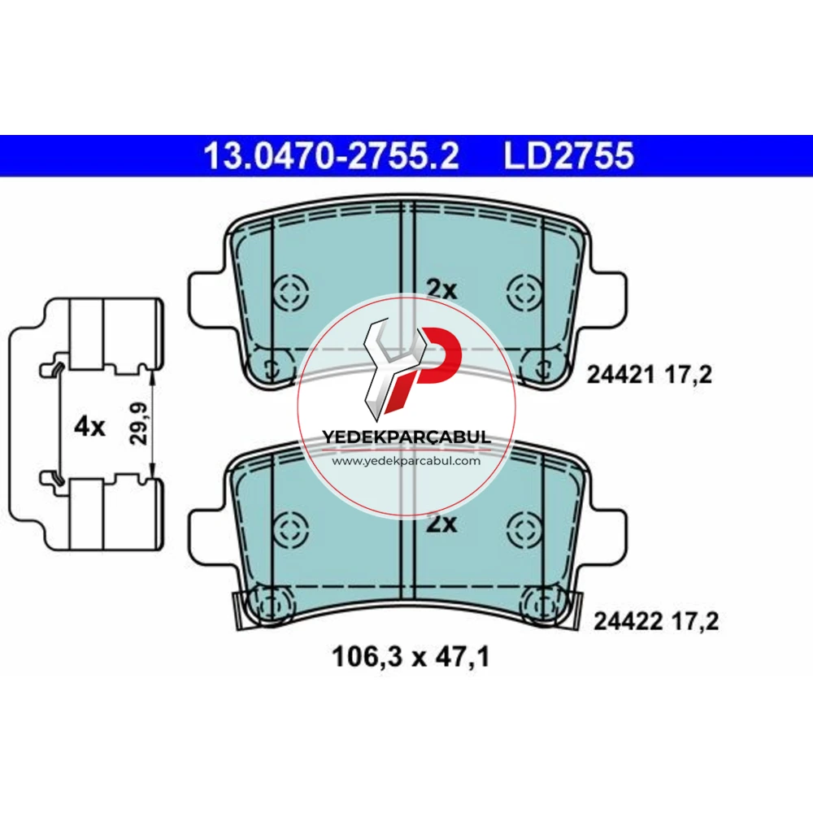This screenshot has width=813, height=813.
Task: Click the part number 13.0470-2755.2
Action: (x=332, y=155)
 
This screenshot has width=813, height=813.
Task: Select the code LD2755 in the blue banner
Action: (x=569, y=155)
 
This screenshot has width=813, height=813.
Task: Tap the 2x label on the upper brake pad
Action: (x=441, y=289)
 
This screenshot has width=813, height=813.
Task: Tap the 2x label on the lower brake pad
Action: (x=441, y=524)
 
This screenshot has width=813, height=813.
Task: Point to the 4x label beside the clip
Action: (x=89, y=427)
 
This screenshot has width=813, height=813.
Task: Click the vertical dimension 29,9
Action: (x=138, y=423)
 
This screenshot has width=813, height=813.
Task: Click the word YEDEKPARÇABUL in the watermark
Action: (x=406, y=437)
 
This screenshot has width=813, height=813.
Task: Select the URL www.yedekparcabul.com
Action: (x=406, y=460)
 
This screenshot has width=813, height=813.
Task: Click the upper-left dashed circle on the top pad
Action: (x=291, y=292)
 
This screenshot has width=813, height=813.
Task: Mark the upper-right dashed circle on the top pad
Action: (x=524, y=292)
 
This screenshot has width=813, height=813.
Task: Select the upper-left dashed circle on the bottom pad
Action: (x=291, y=530)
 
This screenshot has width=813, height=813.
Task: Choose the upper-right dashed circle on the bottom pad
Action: (x=524, y=530)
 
